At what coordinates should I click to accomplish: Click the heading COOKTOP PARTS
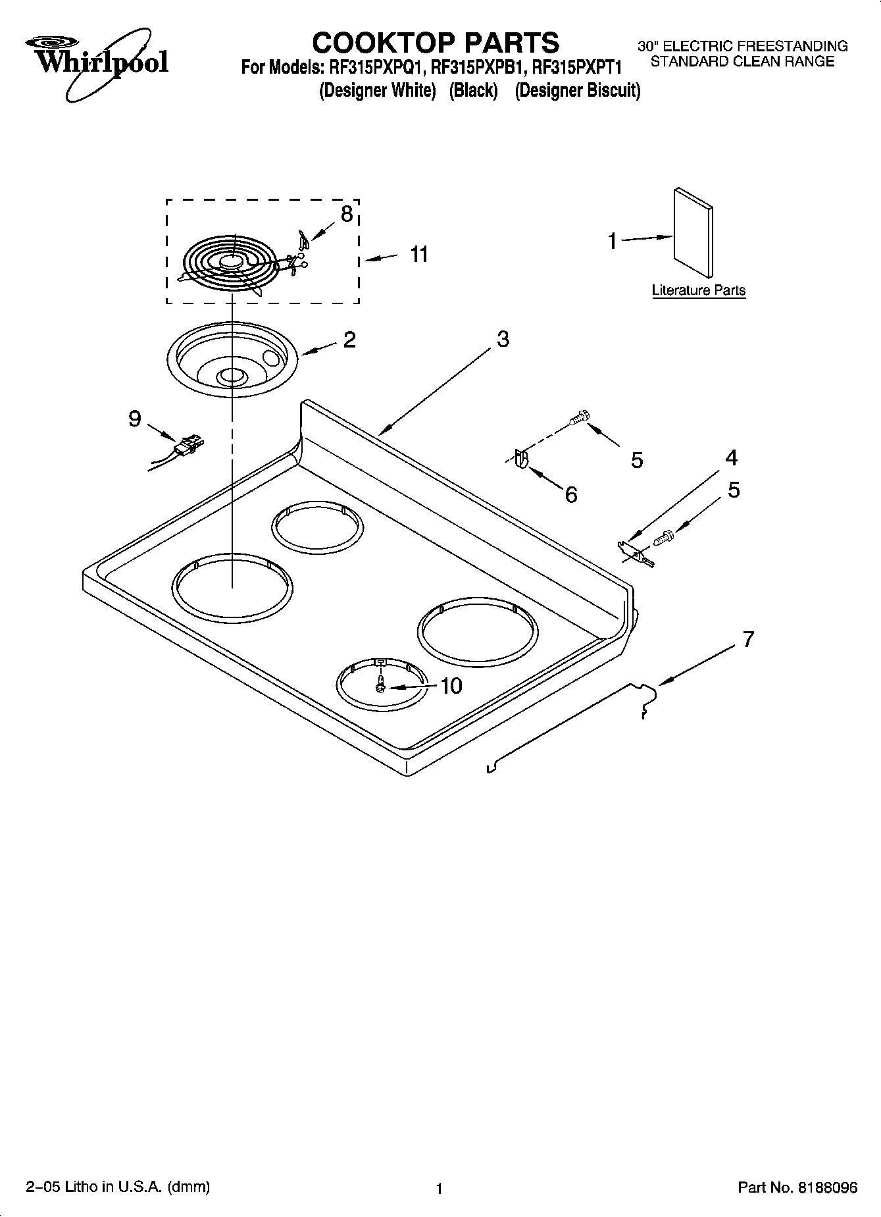pyautogui.click(x=436, y=43)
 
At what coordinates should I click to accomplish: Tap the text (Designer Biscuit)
pyautogui.click(x=577, y=90)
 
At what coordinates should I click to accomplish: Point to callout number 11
pyautogui.click(x=419, y=254)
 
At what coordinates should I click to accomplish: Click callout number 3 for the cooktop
pyautogui.click(x=503, y=340)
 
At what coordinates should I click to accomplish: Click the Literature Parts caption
pyautogui.click(x=698, y=290)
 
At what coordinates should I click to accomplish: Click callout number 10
pyautogui.click(x=451, y=686)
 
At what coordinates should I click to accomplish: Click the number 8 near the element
pyautogui.click(x=346, y=214)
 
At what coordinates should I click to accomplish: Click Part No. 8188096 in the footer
pyautogui.click(x=797, y=1188)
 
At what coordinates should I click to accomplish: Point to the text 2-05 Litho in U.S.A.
pyautogui.click(x=118, y=1187)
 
